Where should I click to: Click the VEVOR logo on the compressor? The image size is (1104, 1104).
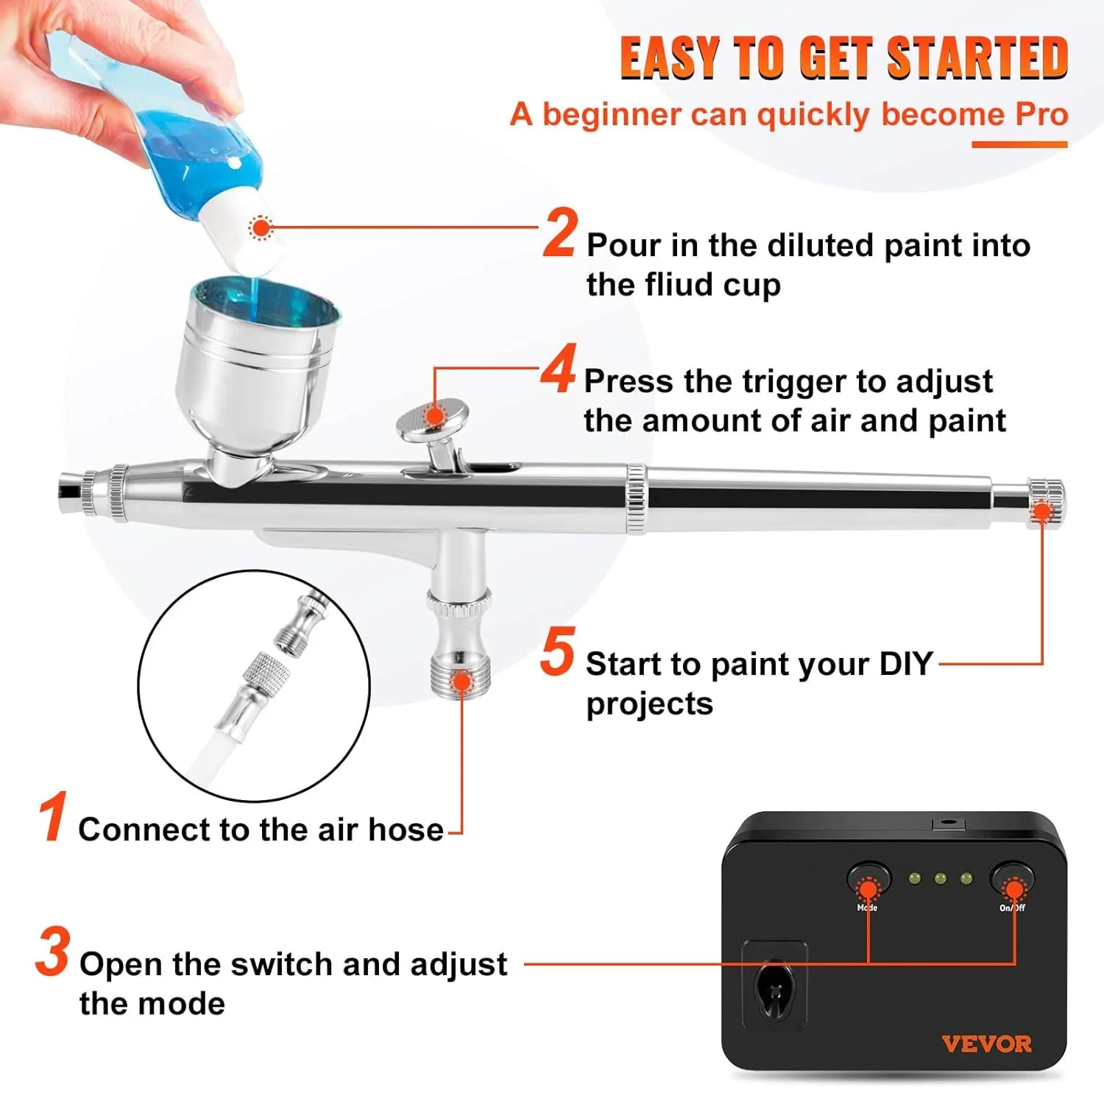coord(986,1044)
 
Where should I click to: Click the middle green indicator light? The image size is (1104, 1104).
coord(940,878)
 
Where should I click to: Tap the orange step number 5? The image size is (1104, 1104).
coord(557,651)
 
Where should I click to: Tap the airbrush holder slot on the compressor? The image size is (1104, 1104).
coord(774,986)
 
